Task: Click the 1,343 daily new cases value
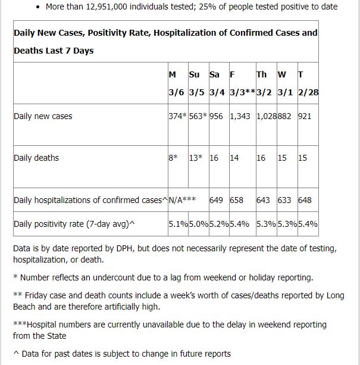click(240, 116)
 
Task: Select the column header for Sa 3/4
click(217, 83)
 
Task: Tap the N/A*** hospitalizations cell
click(182, 200)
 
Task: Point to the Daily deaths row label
click(36, 158)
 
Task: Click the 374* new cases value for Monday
click(178, 116)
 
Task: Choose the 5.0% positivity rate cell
click(199, 224)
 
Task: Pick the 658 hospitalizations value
click(236, 200)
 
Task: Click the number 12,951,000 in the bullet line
click(107, 7)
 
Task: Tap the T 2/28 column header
click(308, 83)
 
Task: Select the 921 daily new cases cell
click(305, 116)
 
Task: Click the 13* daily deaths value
click(196, 158)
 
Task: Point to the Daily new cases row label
click(43, 116)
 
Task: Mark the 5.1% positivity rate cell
click(179, 224)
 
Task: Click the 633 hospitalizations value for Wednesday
click(284, 200)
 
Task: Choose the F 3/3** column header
click(243, 83)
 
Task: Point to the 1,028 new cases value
click(267, 116)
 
